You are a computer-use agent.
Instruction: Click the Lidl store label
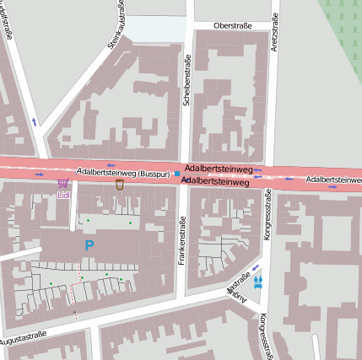click(x=63, y=196)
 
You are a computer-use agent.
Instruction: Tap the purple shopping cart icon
click(x=62, y=184)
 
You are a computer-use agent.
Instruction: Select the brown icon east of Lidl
click(x=121, y=183)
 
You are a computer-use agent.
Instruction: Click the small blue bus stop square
click(x=177, y=175)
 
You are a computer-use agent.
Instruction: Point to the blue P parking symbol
click(x=89, y=245)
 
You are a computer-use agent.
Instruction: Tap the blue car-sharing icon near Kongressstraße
click(x=258, y=282)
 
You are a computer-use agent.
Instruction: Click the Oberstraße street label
click(x=234, y=26)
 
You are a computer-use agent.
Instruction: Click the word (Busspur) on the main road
click(x=154, y=173)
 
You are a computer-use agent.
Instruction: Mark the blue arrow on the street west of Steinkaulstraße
click(x=34, y=121)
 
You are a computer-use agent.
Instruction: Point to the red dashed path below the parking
click(x=77, y=282)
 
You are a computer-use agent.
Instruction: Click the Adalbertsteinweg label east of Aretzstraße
click(x=333, y=180)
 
